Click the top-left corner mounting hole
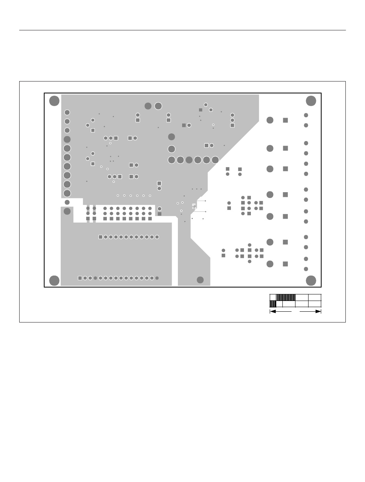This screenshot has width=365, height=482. point(55,101)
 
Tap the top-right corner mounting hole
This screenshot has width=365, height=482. point(311,101)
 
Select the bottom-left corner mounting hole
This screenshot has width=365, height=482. point(55,281)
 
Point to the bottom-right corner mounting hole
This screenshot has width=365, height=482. point(311,281)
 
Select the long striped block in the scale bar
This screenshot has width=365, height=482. point(286,297)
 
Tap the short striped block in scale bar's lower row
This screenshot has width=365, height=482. point(273,304)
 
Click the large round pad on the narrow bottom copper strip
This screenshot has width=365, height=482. point(200,280)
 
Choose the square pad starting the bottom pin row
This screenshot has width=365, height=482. point(80,278)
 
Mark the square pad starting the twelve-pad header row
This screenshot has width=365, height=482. point(101,237)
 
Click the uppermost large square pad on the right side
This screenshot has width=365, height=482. point(285,120)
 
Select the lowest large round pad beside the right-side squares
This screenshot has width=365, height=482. point(270,264)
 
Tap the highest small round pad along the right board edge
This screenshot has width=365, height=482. point(306,115)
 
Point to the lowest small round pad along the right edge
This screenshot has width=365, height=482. point(306,269)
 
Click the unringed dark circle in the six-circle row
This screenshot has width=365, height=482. point(189,160)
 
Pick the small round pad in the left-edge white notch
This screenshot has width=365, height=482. point(67,202)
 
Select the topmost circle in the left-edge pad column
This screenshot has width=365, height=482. point(67,112)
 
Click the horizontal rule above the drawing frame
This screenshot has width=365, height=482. point(182,30)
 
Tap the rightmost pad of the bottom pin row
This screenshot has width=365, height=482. point(157,278)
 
